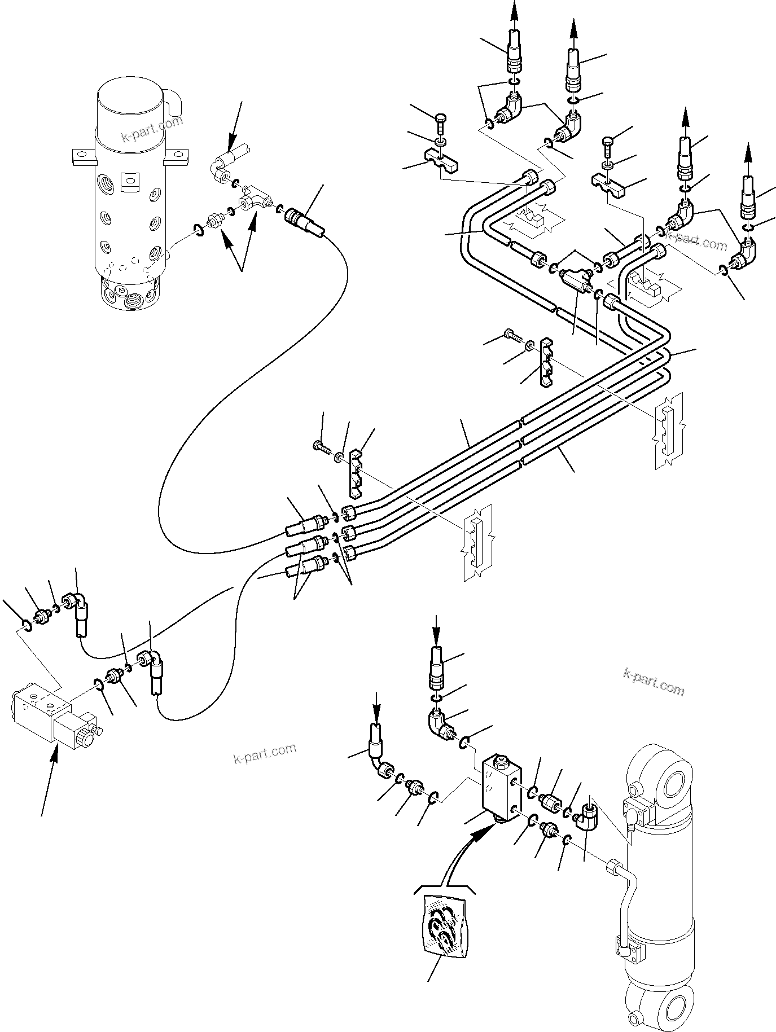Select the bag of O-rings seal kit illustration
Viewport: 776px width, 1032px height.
[446, 931]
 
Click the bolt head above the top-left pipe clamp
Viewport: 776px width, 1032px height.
[441, 119]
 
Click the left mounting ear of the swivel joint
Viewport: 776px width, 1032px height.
[82, 156]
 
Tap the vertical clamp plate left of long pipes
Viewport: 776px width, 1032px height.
[354, 474]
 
